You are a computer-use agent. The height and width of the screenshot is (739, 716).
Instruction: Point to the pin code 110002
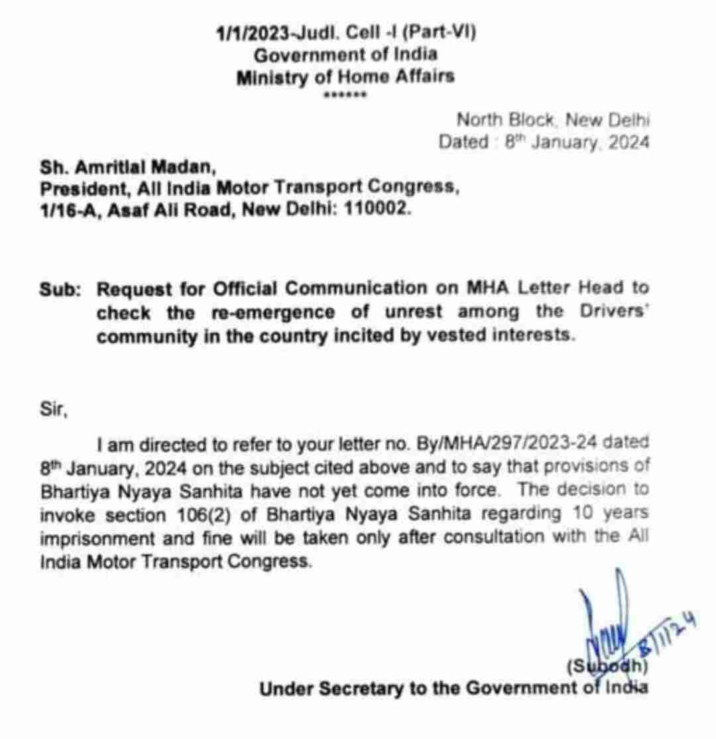(379, 210)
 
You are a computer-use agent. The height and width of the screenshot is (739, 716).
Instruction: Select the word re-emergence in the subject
(259, 312)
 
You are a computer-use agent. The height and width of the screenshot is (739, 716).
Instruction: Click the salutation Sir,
(54, 410)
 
